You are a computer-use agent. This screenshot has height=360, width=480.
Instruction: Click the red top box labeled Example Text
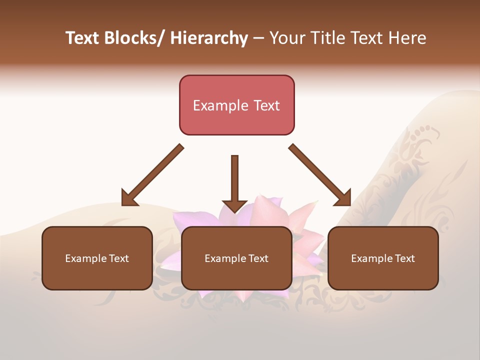pyautogui.click(x=236, y=105)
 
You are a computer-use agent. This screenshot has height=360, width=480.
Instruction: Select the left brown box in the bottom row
pyautogui.click(x=97, y=258)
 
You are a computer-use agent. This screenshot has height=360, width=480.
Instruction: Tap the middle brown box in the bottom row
pyautogui.click(x=236, y=258)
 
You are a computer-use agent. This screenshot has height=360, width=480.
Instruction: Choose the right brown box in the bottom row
pyautogui.click(x=383, y=258)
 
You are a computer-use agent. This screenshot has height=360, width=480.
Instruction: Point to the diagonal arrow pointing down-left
pyautogui.click(x=152, y=175)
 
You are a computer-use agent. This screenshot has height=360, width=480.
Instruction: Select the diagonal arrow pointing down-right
pyautogui.click(x=320, y=175)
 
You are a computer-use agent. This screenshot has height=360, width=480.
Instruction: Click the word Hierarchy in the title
pyautogui.click(x=209, y=38)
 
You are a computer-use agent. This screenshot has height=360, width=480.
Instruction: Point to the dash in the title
pyautogui.click(x=258, y=38)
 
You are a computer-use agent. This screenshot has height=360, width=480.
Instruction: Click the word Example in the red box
pyautogui.click(x=220, y=105)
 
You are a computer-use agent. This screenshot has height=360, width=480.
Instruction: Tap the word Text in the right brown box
pyautogui.click(x=404, y=258)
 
